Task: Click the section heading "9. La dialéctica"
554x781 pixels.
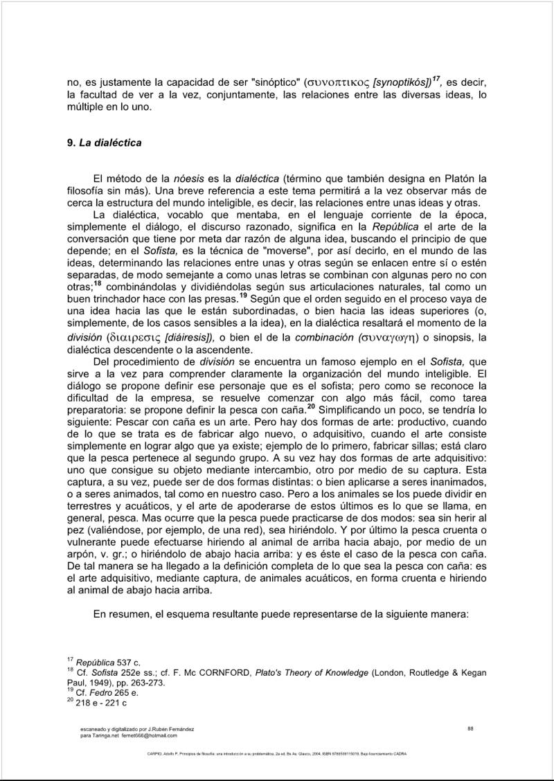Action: coord(104,143)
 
